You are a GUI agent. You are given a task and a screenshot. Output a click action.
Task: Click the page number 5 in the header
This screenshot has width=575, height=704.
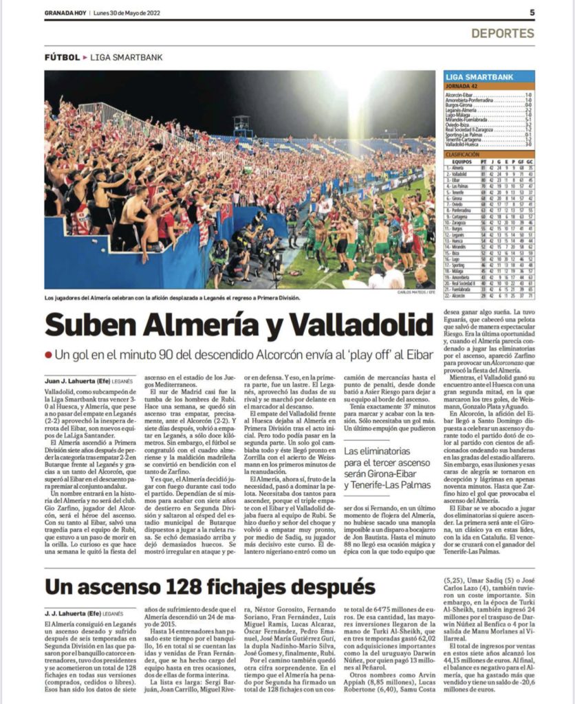[x=532, y=12]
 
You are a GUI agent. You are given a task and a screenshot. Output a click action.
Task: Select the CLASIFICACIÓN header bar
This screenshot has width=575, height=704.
[x=468, y=154]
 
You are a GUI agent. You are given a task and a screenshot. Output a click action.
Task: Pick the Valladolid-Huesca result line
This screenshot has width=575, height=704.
[x=466, y=145]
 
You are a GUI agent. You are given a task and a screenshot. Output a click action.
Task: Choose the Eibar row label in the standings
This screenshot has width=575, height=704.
[x=456, y=179]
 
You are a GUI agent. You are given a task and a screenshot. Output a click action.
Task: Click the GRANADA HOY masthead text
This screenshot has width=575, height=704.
[x=65, y=12]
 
